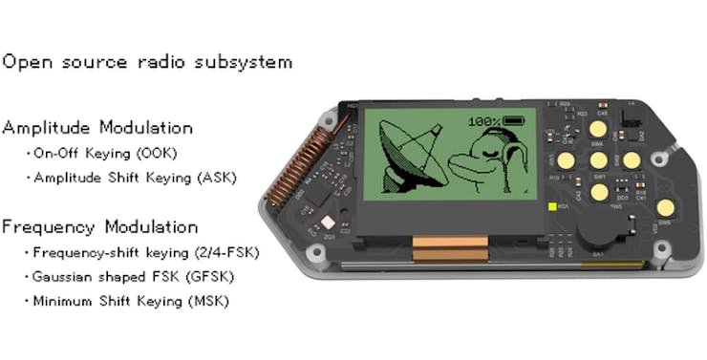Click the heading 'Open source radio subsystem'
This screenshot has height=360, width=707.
[x=147, y=63]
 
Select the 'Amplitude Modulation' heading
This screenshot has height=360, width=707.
[x=97, y=128]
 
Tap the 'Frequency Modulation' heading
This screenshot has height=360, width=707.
[x=100, y=227]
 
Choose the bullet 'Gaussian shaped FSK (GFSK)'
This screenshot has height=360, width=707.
[x=132, y=277]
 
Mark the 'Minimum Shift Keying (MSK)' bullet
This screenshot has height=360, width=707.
[x=131, y=301]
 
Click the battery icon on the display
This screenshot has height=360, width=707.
[x=514, y=122]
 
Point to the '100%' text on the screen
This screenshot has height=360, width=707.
[x=484, y=122]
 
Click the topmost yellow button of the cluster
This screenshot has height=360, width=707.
[x=599, y=128]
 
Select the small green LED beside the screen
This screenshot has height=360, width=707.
[x=551, y=205]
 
